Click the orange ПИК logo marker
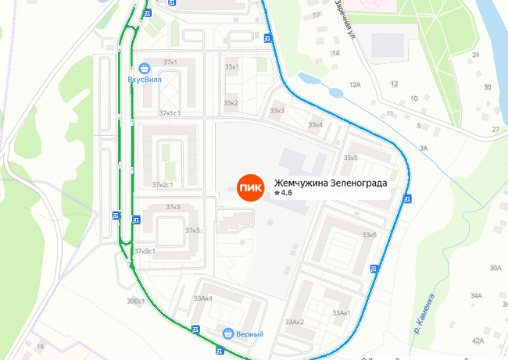pos(251,187)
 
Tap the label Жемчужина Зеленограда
pos(331,183)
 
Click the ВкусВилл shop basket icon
pos(144,68)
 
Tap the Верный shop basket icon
pos(228,333)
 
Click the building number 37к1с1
pos(169,113)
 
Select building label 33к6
pos(370,234)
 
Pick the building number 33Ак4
pos(202,298)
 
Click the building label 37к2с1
pos(163,185)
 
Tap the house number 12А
pos(356,84)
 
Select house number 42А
pos(478,340)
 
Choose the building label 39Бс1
pos(136,301)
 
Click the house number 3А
pos(424,148)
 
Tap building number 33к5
pos(349,159)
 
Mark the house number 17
pos(317,15)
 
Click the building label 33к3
pos(277,110)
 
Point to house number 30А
pos(495,268)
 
